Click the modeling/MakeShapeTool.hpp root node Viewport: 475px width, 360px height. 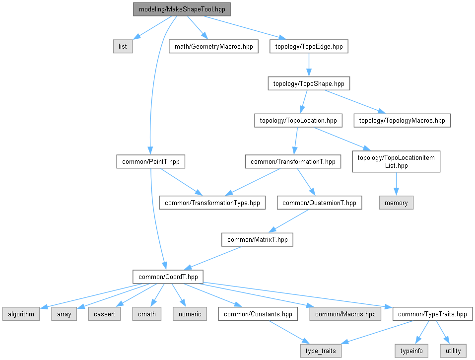coord(182,9)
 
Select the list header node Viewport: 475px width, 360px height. coord(123,47)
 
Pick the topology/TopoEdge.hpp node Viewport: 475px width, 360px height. coord(309,47)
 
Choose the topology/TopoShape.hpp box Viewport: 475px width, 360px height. coord(309,83)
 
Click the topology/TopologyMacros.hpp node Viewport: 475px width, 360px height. coord(402,120)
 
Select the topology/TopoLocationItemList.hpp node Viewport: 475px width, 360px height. coord(396,161)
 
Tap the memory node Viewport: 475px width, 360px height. coord(396,203)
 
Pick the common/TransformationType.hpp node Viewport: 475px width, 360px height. coord(212,203)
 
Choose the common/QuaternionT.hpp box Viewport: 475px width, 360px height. coord(320,203)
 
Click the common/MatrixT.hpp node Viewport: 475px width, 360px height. coord(257,240)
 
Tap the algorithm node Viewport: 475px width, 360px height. coord(20,314)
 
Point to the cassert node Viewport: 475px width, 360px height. coord(105,314)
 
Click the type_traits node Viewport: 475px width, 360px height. coord(321,351)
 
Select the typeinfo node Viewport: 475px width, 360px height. coord(411,351)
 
